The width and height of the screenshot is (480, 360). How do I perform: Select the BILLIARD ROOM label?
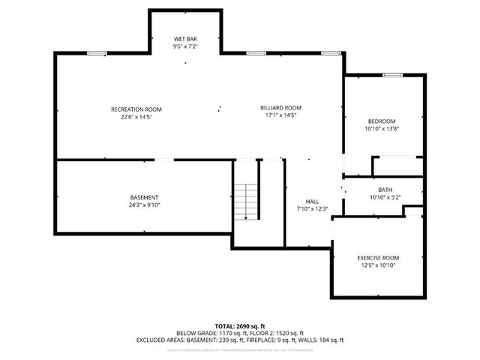[280, 107]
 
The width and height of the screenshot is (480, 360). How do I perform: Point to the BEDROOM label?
[381, 121]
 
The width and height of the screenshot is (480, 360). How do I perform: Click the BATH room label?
[385, 190]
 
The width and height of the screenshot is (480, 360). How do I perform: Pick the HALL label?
[312, 201]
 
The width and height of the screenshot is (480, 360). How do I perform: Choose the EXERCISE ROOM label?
[378, 257]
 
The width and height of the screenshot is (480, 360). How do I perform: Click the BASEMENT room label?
[144, 197]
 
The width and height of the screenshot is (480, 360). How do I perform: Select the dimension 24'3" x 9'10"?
[144, 205]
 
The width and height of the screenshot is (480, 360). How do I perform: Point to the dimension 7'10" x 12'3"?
[312, 208]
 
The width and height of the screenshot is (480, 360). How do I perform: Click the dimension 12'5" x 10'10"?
[378, 265]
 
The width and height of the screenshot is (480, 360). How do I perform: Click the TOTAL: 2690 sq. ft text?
[240, 326]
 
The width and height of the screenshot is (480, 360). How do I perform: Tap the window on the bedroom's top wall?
[392, 76]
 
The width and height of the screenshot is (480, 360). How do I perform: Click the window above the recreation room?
[95, 53]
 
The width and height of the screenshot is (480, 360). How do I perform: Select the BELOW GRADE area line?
[240, 333]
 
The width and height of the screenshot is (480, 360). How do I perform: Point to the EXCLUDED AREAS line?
[240, 340]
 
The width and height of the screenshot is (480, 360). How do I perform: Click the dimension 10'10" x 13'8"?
[381, 129]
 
